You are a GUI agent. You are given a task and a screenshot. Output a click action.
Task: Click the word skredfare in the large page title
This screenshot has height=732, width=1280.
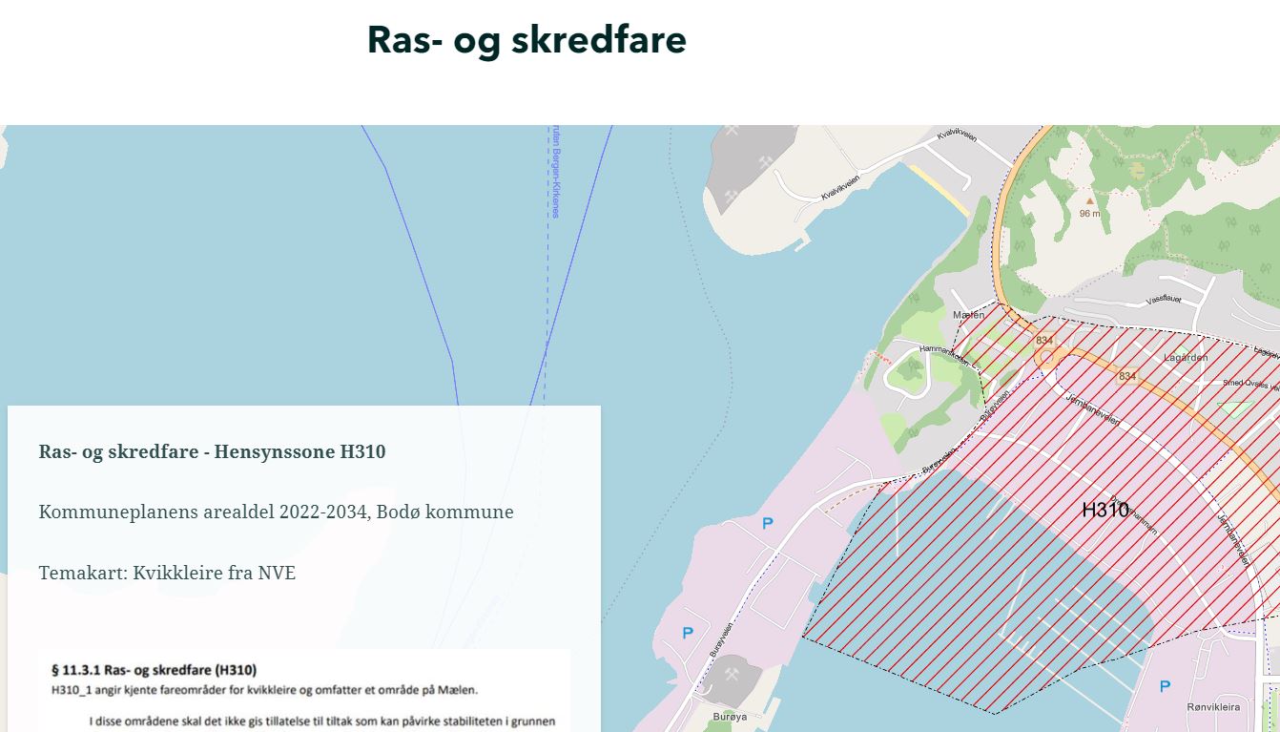point(599,40)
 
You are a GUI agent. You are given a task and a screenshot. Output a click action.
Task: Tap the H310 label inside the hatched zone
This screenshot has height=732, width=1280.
point(1105,510)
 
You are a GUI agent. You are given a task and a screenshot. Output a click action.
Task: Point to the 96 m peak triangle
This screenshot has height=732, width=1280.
point(1090,201)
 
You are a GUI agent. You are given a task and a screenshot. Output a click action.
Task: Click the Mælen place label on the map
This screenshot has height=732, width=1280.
point(968,315)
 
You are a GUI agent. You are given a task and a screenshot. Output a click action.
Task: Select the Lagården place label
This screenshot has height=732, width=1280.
point(1186,358)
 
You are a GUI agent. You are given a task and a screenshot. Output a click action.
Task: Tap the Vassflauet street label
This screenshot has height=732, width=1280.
point(1164,299)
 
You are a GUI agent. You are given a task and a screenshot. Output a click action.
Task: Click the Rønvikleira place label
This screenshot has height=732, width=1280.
point(1213,707)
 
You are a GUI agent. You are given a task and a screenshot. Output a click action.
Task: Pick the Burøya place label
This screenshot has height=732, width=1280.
point(730,716)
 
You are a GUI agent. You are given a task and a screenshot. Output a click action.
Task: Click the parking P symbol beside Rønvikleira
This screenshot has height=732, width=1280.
point(1165,686)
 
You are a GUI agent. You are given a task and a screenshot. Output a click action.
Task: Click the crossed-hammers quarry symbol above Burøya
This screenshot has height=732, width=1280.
point(732,675)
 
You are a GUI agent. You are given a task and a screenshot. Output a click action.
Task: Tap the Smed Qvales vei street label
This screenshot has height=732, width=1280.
point(1249,384)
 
